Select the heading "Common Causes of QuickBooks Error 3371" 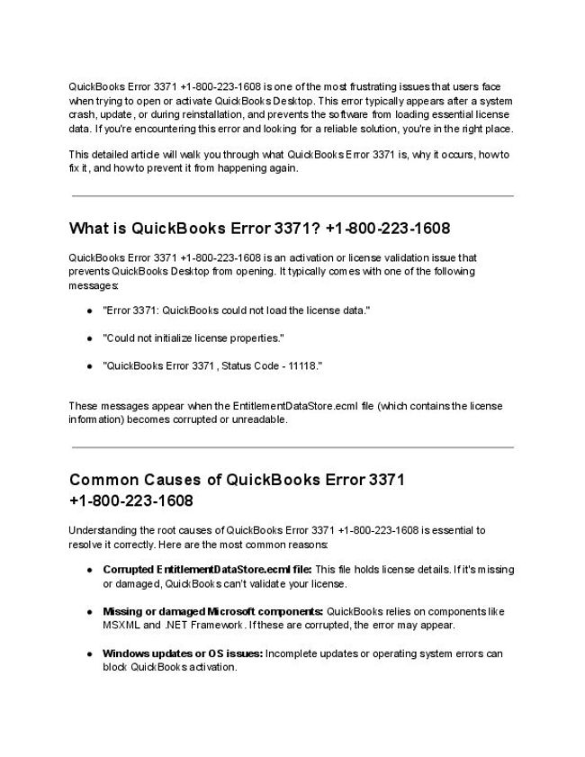(237, 480)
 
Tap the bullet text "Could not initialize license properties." (193, 338)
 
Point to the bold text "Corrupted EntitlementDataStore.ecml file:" (207, 569)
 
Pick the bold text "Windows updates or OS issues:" (183, 653)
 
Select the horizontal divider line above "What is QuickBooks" (292, 195)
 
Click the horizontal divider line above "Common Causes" (292, 446)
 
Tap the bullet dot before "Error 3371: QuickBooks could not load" (90, 311)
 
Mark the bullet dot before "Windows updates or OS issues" (90, 653)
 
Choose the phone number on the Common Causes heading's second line (130, 500)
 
